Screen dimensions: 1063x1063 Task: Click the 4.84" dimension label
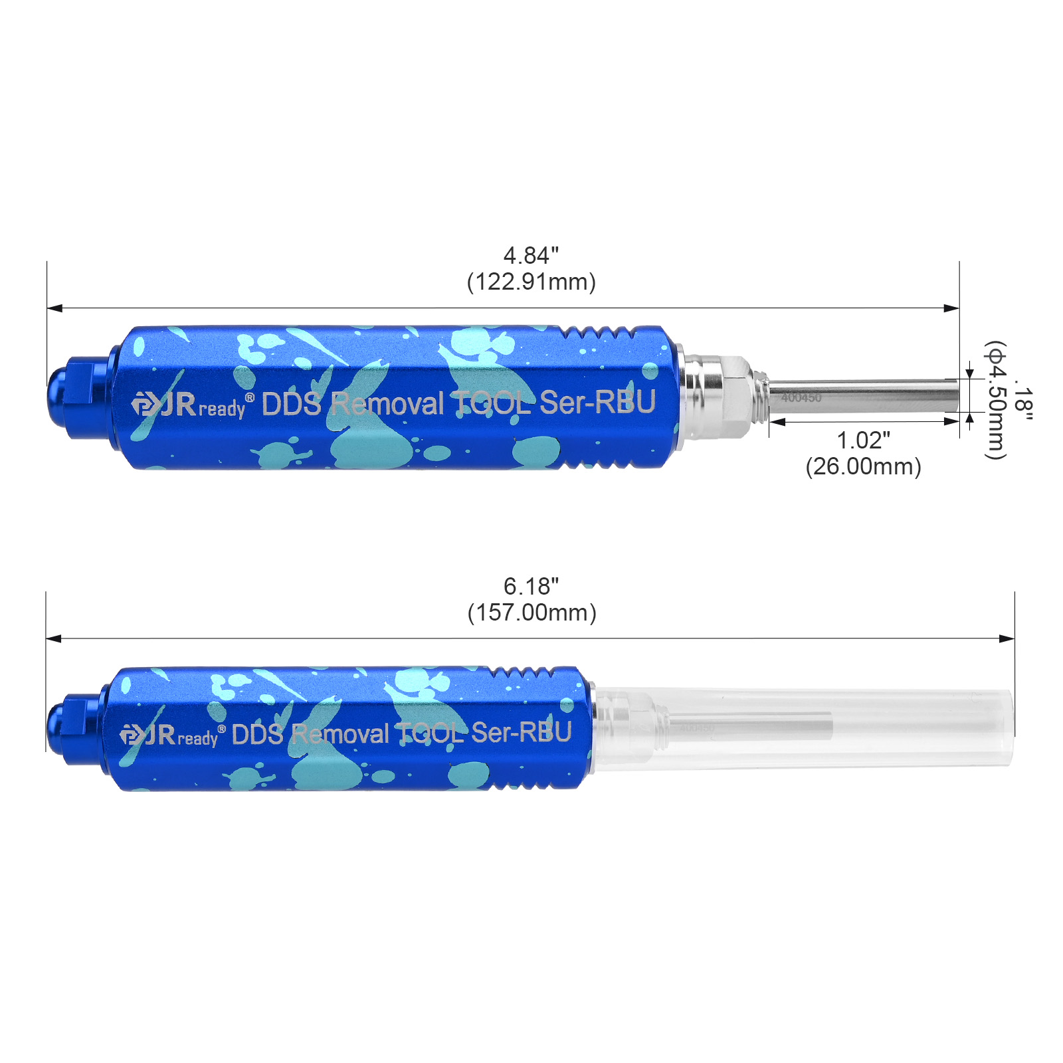[x=531, y=256]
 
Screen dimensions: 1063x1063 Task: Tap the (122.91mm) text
[x=531, y=282]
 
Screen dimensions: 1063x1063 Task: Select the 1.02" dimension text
[x=863, y=440]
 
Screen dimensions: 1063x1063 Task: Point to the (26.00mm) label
[x=863, y=466]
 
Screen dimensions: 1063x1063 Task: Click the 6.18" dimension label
[x=531, y=586]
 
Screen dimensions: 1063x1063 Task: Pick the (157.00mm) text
[x=531, y=612]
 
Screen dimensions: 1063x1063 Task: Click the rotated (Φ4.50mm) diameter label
[x=995, y=400]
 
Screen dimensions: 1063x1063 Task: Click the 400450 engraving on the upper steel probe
[x=801, y=397]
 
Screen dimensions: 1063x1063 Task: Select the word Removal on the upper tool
[x=387, y=403]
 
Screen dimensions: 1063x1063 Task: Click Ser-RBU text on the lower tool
[x=522, y=732]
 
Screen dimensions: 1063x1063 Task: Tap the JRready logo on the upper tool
[x=192, y=405]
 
